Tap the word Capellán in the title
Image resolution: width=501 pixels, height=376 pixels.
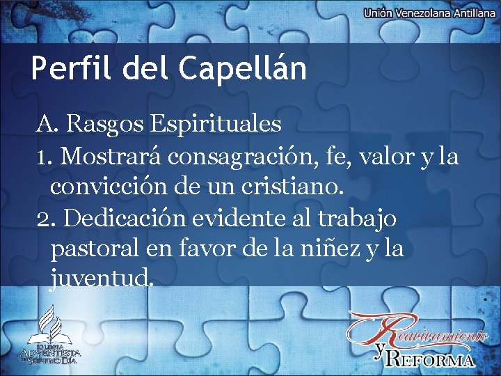pos(242,70)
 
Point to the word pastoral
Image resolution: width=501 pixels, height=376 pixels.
pos(91,249)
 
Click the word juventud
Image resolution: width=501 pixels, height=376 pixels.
pos(100,280)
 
